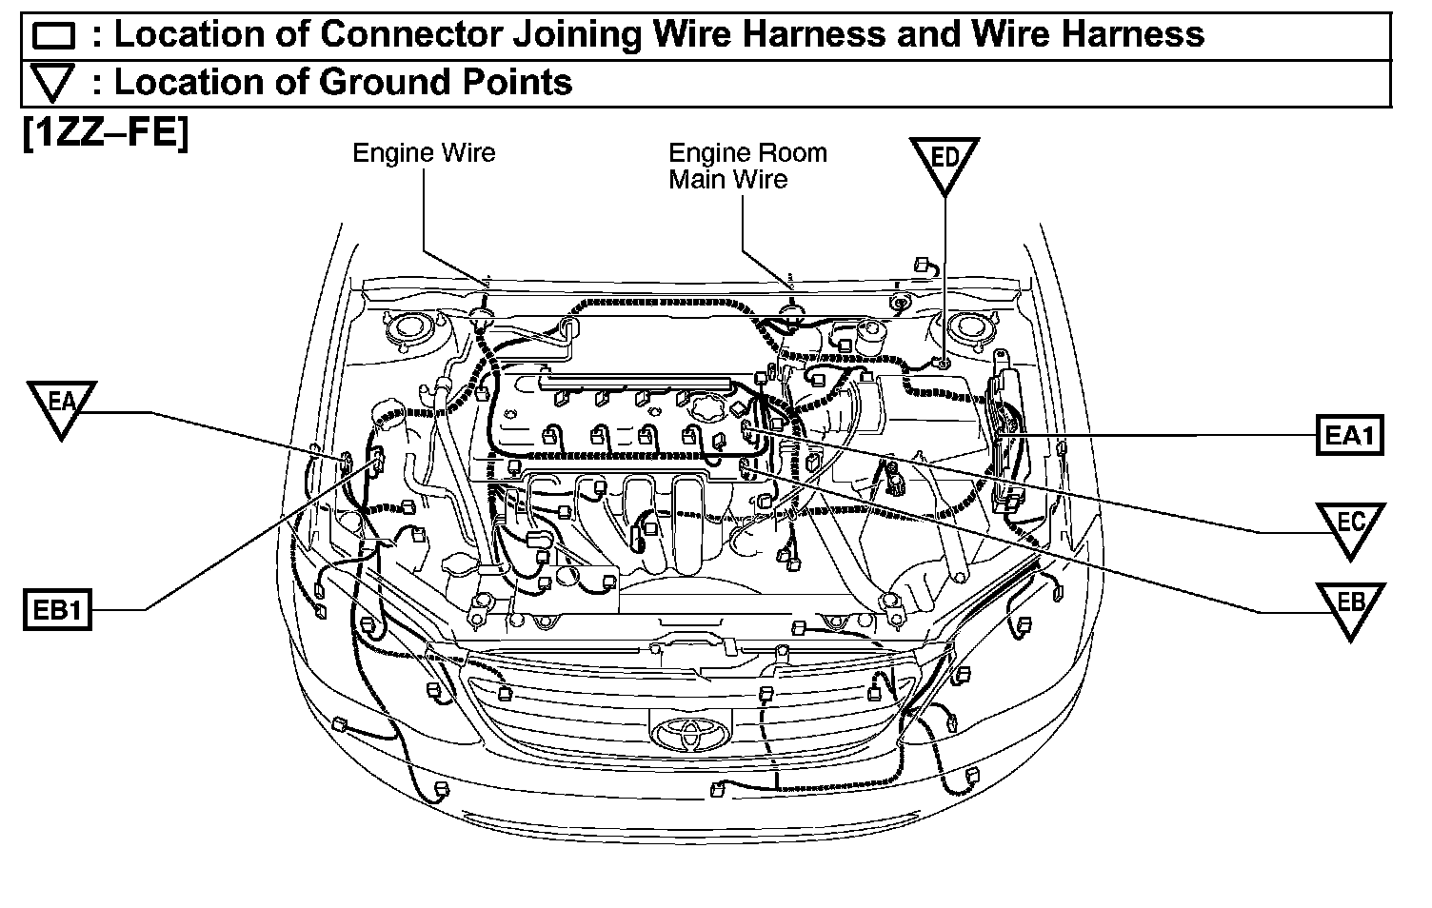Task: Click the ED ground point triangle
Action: pyautogui.click(x=944, y=162)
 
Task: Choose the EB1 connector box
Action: pyautogui.click(x=57, y=610)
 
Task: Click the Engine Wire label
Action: pyautogui.click(x=424, y=152)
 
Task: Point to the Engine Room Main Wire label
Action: pyautogui.click(x=746, y=166)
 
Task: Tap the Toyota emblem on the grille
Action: pyautogui.click(x=690, y=734)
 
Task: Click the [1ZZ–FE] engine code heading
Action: pyautogui.click(x=105, y=132)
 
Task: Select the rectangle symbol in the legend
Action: pyautogui.click(x=53, y=36)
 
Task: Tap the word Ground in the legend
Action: pyautogui.click(x=385, y=83)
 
